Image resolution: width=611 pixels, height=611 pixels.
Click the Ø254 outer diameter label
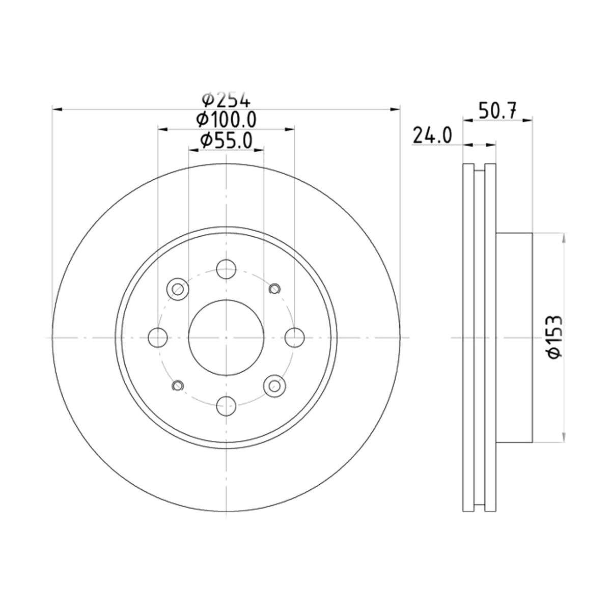pyautogui.click(x=227, y=100)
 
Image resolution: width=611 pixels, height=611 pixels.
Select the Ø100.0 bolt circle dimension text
pyautogui.click(x=226, y=120)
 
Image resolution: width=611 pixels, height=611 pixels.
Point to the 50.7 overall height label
pyautogui.click(x=497, y=110)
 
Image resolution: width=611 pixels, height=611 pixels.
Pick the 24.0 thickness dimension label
pyautogui.click(x=432, y=136)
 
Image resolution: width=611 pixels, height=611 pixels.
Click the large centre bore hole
pyautogui.click(x=226, y=338)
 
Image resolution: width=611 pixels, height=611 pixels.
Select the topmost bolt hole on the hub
pyautogui.click(x=226, y=269)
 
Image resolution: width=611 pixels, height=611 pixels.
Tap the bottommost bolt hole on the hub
pyautogui.click(x=226, y=406)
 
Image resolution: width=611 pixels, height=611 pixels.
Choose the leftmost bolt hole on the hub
pyautogui.click(x=157, y=338)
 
